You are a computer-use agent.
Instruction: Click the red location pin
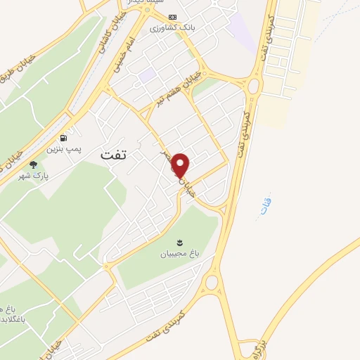coord(181,165)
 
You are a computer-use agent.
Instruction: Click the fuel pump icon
coord(65,139)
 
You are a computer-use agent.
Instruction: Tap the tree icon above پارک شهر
coord(33,165)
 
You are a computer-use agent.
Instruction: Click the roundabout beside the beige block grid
coord(254,86)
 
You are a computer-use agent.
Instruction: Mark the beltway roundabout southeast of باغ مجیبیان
coord(212,283)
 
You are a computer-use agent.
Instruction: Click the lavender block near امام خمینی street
coord(147,74)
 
